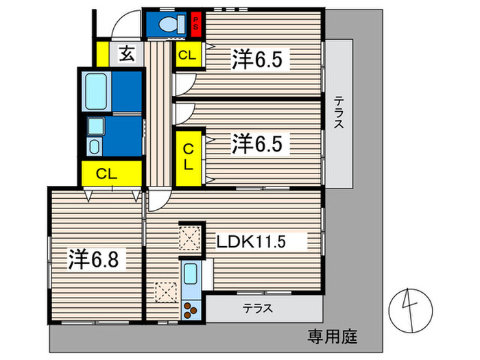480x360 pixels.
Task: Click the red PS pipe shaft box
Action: point(195,24)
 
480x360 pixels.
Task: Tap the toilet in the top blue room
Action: point(172,24)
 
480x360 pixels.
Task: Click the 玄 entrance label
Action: point(127,53)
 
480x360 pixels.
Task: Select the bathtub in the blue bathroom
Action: point(96,91)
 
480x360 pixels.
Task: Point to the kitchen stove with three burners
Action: point(191,310)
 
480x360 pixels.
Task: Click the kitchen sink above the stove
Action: point(191,274)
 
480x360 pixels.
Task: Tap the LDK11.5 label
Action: point(251,241)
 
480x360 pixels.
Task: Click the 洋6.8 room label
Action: point(93,259)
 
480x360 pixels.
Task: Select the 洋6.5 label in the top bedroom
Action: point(257,59)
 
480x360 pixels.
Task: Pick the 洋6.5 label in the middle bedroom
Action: point(257,143)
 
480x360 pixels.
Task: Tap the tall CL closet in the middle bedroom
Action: point(189,158)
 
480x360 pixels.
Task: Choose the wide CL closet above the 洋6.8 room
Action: point(112,173)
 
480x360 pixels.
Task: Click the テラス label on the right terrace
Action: point(339,112)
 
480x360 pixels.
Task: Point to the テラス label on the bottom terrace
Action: point(257,308)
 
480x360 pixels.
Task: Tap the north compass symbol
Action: point(411,310)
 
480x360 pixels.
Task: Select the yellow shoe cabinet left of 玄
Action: point(103,54)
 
